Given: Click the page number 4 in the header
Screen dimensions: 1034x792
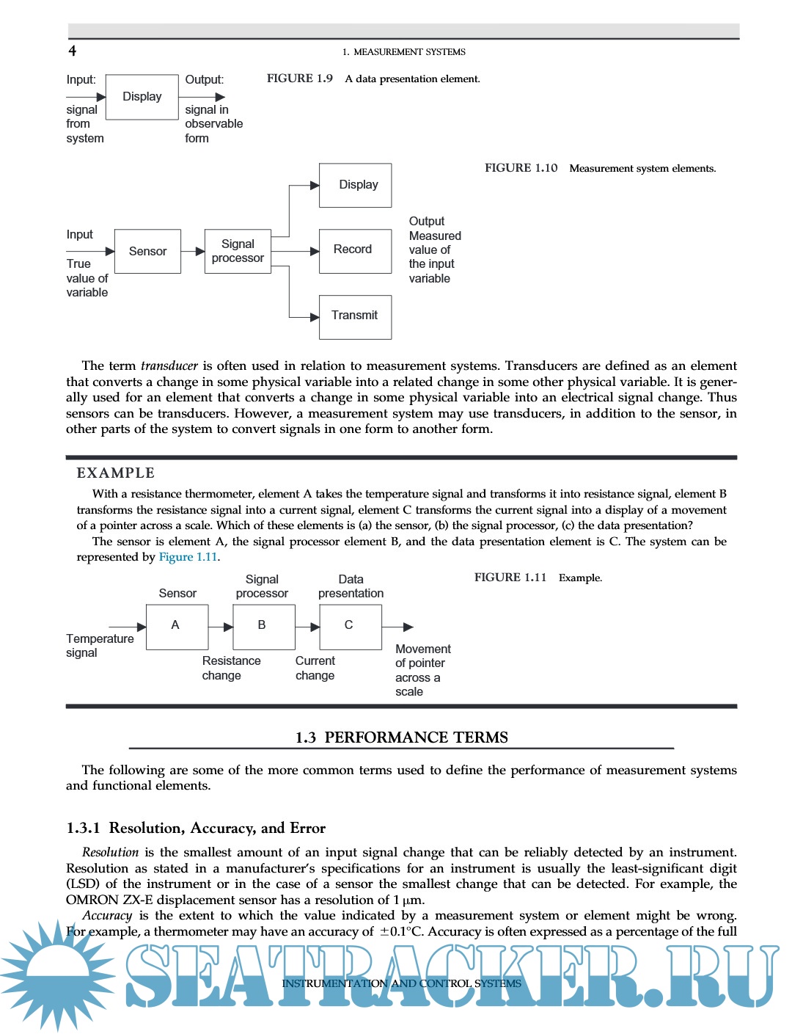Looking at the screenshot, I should coord(72,51).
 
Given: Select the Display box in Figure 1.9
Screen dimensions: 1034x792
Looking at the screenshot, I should coord(142,97).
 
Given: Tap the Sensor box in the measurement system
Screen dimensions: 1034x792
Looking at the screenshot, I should coord(147,251).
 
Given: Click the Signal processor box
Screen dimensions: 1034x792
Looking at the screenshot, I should coord(238,251).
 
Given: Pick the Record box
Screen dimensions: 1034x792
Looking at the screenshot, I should coord(355,250).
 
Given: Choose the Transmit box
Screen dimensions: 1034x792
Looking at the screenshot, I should coord(355,316).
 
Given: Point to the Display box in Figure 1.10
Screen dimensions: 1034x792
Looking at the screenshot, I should coord(355,185).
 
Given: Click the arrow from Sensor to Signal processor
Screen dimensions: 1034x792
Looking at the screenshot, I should coord(193,251).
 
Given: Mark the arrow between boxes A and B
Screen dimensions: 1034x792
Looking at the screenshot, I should coord(221,627).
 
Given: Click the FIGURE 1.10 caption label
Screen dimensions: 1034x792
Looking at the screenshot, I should coord(521,168).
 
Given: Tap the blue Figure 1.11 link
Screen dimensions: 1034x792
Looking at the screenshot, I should coord(188,557).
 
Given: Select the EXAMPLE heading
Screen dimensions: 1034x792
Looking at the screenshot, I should coord(116,473).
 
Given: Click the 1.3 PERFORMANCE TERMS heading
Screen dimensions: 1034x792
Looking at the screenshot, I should coord(401,738).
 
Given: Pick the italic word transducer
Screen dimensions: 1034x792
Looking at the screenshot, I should coord(169,365).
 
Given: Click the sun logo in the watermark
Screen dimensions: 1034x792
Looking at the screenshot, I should coord(57,976).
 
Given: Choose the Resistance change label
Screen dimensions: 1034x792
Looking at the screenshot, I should coord(231,668).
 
